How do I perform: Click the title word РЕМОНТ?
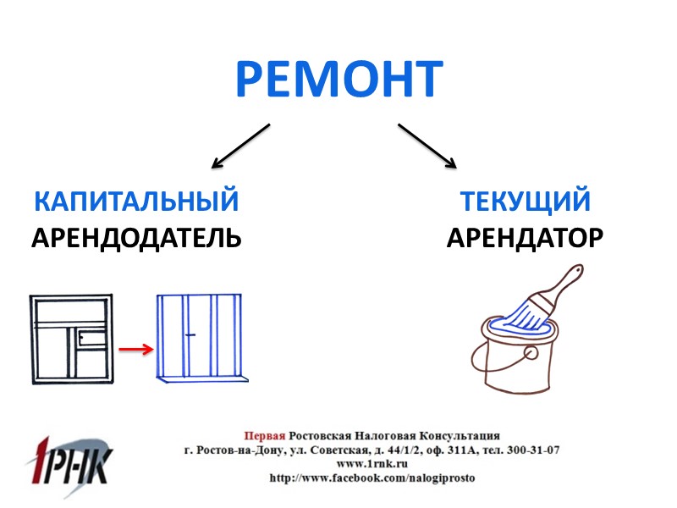click(x=338, y=79)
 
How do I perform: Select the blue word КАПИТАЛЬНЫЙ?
click(x=135, y=202)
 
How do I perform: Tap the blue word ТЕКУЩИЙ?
click(x=525, y=202)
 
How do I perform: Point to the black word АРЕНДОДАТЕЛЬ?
click(x=136, y=237)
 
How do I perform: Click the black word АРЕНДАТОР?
click(x=525, y=237)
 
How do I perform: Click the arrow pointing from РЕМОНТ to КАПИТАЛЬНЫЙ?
click(x=241, y=145)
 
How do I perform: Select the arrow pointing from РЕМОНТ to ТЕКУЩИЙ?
click(x=427, y=145)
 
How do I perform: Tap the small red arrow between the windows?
click(x=135, y=348)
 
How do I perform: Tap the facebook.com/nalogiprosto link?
click(x=372, y=478)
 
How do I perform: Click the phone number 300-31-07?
click(x=529, y=450)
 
